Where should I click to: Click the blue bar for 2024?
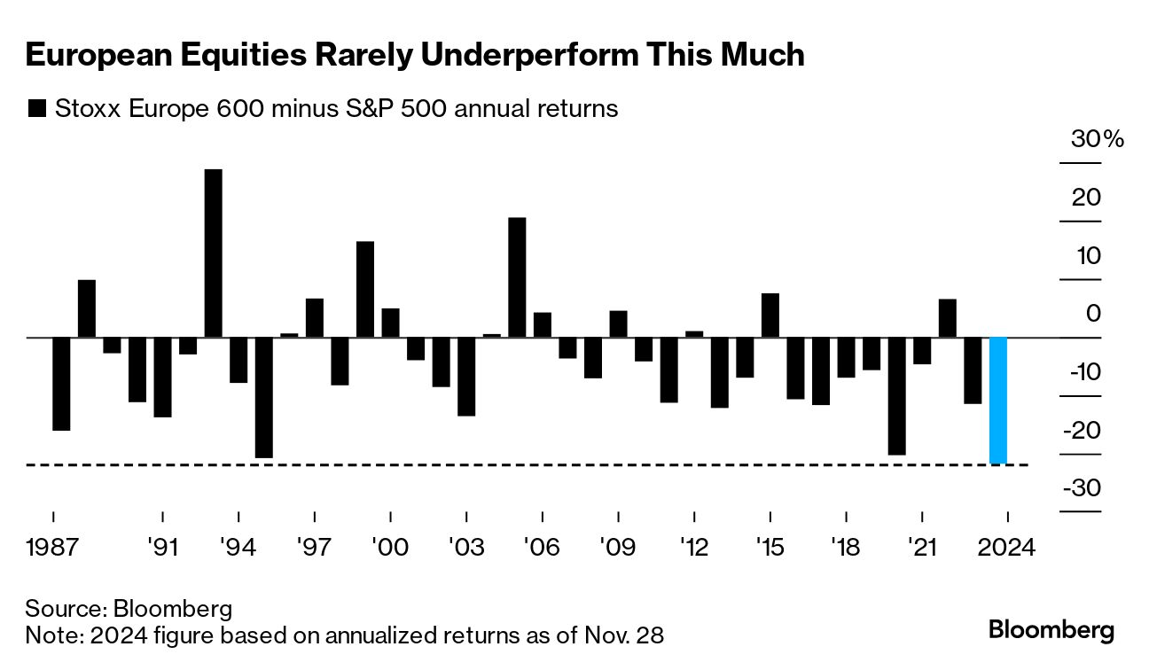[x=998, y=401]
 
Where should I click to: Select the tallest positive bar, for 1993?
[x=213, y=253]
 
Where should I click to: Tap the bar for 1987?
[x=61, y=384]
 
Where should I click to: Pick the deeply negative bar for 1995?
[x=263, y=398]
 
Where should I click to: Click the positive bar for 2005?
[x=517, y=277]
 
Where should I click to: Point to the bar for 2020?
[x=897, y=396]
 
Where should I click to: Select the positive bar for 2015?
[x=770, y=316]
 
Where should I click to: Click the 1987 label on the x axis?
[x=54, y=547]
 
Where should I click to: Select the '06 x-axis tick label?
[x=542, y=547]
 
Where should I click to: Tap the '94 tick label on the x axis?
[x=238, y=547]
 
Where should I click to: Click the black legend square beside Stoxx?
[x=36, y=109]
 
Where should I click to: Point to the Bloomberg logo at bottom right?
[x=1051, y=630]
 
